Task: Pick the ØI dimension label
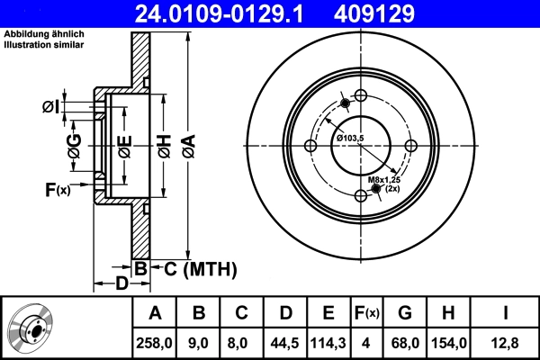click(52, 107)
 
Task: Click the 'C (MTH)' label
click(194, 267)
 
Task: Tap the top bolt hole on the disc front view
click(360, 96)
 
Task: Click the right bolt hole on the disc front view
click(410, 147)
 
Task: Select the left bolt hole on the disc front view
click(310, 147)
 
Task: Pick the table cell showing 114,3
click(328, 342)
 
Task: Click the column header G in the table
click(404, 313)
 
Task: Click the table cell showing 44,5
click(284, 342)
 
